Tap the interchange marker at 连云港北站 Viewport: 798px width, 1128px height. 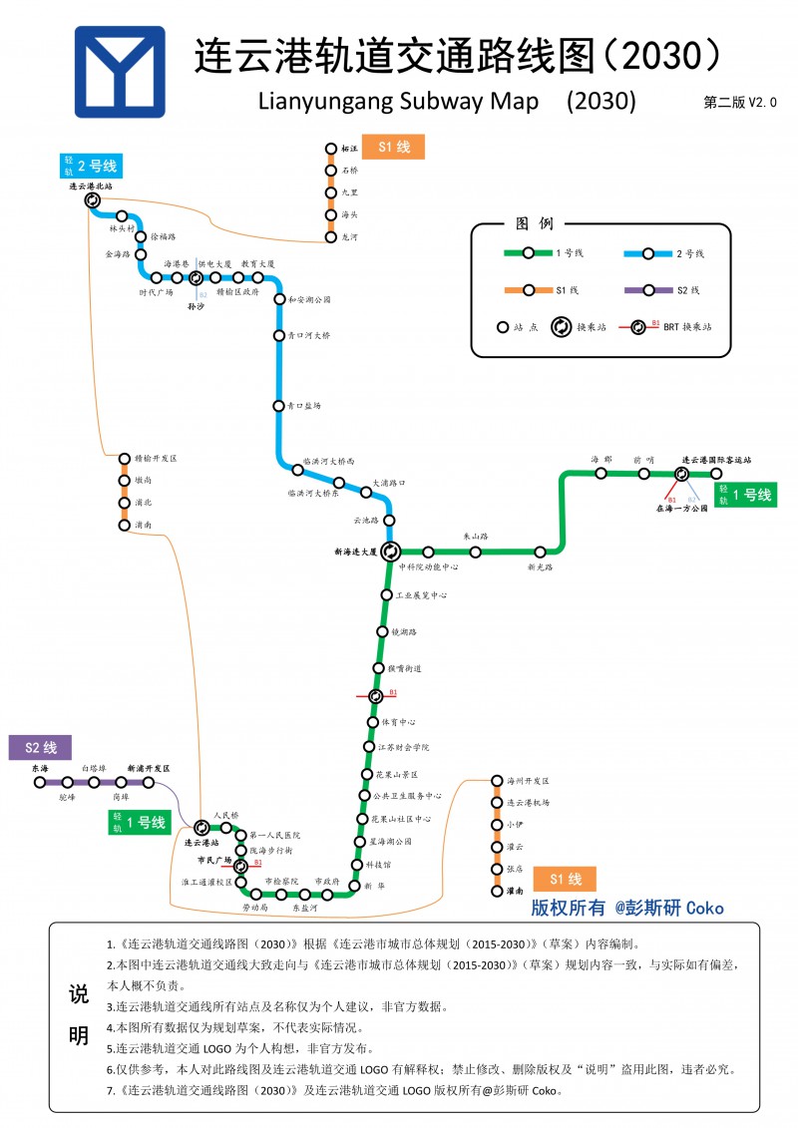click(x=93, y=199)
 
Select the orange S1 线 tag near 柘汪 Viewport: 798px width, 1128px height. click(x=393, y=147)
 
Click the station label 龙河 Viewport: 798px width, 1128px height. click(x=349, y=237)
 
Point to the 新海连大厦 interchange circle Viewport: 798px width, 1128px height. click(x=390, y=551)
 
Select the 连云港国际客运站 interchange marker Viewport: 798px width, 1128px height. click(x=688, y=474)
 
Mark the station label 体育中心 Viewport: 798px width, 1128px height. click(x=391, y=721)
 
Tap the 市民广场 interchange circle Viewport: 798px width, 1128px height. click(x=240, y=865)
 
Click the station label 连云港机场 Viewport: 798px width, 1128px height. click(x=528, y=802)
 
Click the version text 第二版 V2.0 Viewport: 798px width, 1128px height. click(x=739, y=102)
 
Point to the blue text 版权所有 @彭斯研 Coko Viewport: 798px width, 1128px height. click(x=626, y=908)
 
